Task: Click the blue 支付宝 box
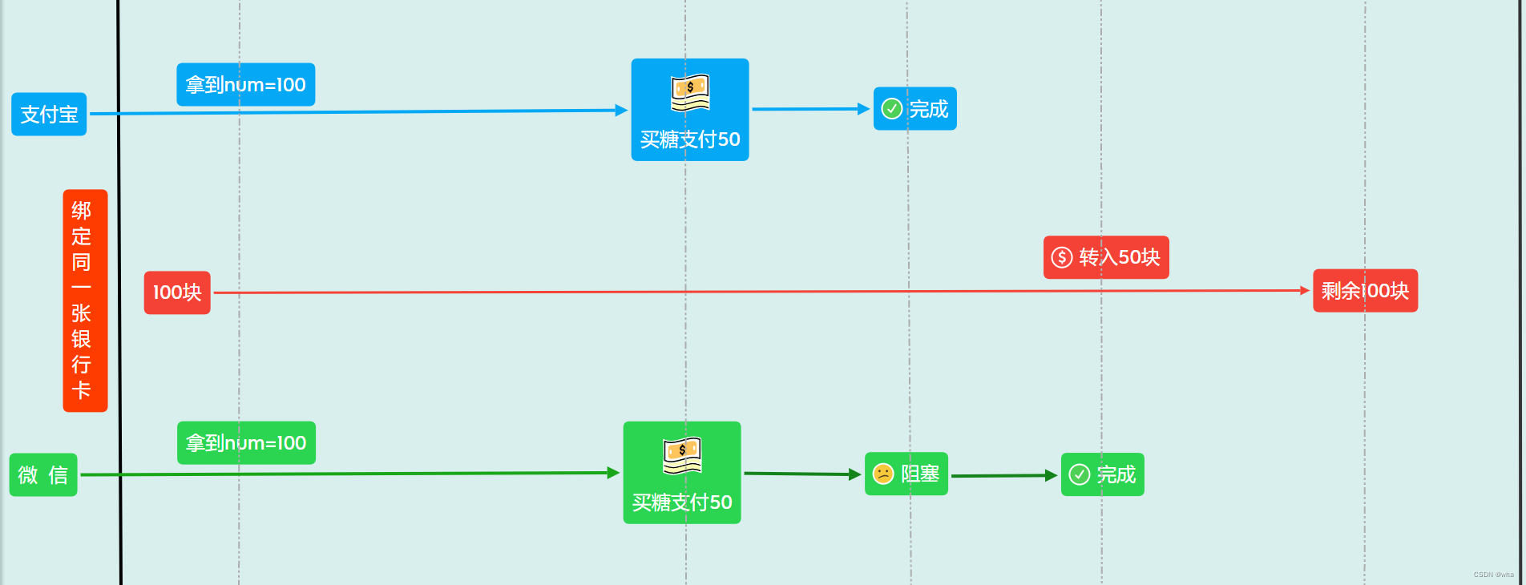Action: click(49, 114)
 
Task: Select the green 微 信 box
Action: click(43, 474)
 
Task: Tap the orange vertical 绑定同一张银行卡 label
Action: click(85, 301)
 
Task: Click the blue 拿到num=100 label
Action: click(245, 84)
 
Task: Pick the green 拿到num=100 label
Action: click(246, 442)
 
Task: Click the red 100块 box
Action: click(177, 292)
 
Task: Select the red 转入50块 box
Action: click(1106, 257)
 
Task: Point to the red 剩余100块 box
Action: click(1365, 290)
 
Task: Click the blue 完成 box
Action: click(914, 108)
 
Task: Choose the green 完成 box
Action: click(1102, 474)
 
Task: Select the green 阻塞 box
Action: click(906, 474)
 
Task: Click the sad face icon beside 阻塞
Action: click(883, 474)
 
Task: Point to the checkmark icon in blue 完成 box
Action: click(892, 108)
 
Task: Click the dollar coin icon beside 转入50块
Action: click(1062, 257)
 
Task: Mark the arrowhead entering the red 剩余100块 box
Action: click(1304, 290)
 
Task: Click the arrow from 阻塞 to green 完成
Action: click(1003, 476)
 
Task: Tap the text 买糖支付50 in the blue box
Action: click(690, 139)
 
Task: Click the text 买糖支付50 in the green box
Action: click(682, 502)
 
